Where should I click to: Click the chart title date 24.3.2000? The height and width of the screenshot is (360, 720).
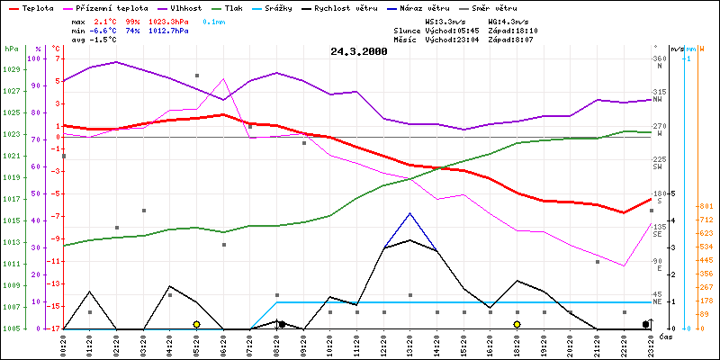(359, 51)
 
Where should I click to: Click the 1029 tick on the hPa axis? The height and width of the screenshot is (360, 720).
(11, 69)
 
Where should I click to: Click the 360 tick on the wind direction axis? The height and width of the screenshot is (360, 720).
(658, 58)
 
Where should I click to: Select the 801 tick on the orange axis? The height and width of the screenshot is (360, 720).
(706, 205)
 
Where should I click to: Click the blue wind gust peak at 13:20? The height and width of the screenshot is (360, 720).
(410, 213)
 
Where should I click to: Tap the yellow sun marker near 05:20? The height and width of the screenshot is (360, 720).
(196, 324)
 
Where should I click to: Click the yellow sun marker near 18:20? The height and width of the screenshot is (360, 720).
(517, 324)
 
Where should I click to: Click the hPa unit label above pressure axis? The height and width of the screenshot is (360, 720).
(11, 49)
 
